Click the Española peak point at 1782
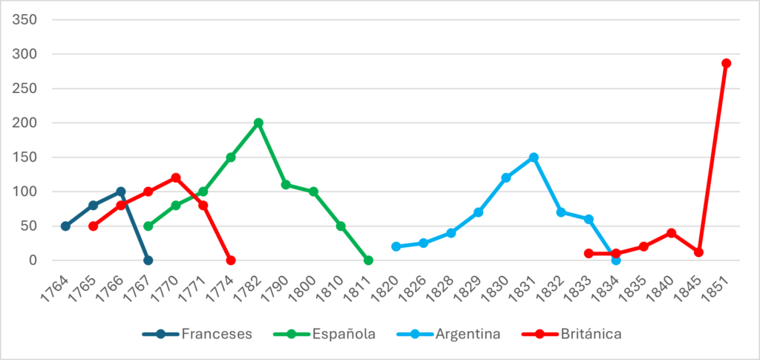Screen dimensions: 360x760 point(258,122)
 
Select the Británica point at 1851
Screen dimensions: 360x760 point(726,63)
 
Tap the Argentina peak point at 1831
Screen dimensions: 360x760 point(534,157)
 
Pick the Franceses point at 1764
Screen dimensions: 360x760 point(65,226)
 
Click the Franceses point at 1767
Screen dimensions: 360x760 point(148,260)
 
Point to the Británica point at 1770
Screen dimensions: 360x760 point(176,178)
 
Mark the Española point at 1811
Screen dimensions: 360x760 point(368,260)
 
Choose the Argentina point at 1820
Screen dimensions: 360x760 point(396,246)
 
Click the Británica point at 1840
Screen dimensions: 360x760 point(671,233)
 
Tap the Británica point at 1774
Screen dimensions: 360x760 point(231,260)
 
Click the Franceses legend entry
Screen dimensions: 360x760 point(197,334)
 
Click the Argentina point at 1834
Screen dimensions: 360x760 point(616,260)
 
